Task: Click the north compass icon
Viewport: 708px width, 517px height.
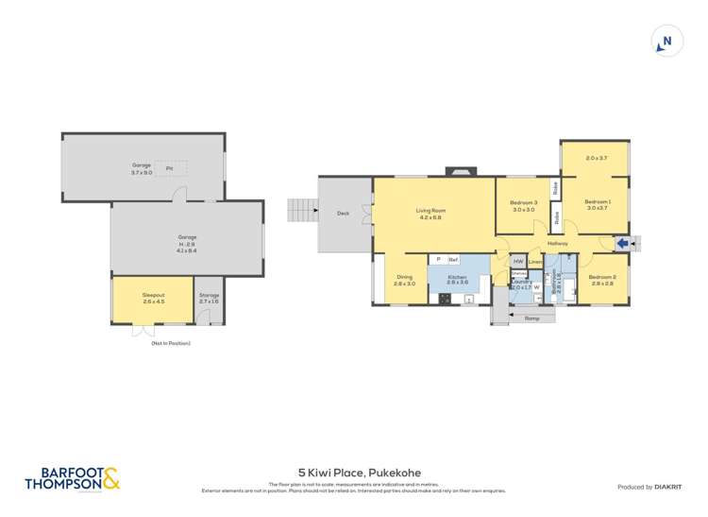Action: [x=666, y=42]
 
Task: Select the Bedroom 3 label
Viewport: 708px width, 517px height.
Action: [x=524, y=203]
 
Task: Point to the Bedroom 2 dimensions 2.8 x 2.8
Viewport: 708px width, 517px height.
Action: [x=601, y=283]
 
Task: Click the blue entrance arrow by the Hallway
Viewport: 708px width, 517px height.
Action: [x=622, y=244]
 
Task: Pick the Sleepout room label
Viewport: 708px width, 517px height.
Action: [x=153, y=295]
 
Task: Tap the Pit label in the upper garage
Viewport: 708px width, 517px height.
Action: [x=170, y=169]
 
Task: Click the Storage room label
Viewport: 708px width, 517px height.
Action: [x=209, y=295]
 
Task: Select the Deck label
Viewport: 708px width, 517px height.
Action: [x=343, y=214]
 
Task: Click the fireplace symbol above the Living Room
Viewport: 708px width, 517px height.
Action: [x=460, y=173]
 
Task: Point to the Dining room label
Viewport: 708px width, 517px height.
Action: [x=404, y=277]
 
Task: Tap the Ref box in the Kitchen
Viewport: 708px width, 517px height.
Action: [x=453, y=259]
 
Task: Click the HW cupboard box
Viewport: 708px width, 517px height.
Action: [x=518, y=261]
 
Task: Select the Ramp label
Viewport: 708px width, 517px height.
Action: [x=531, y=319]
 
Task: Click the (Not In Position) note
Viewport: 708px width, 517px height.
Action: [x=170, y=343]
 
